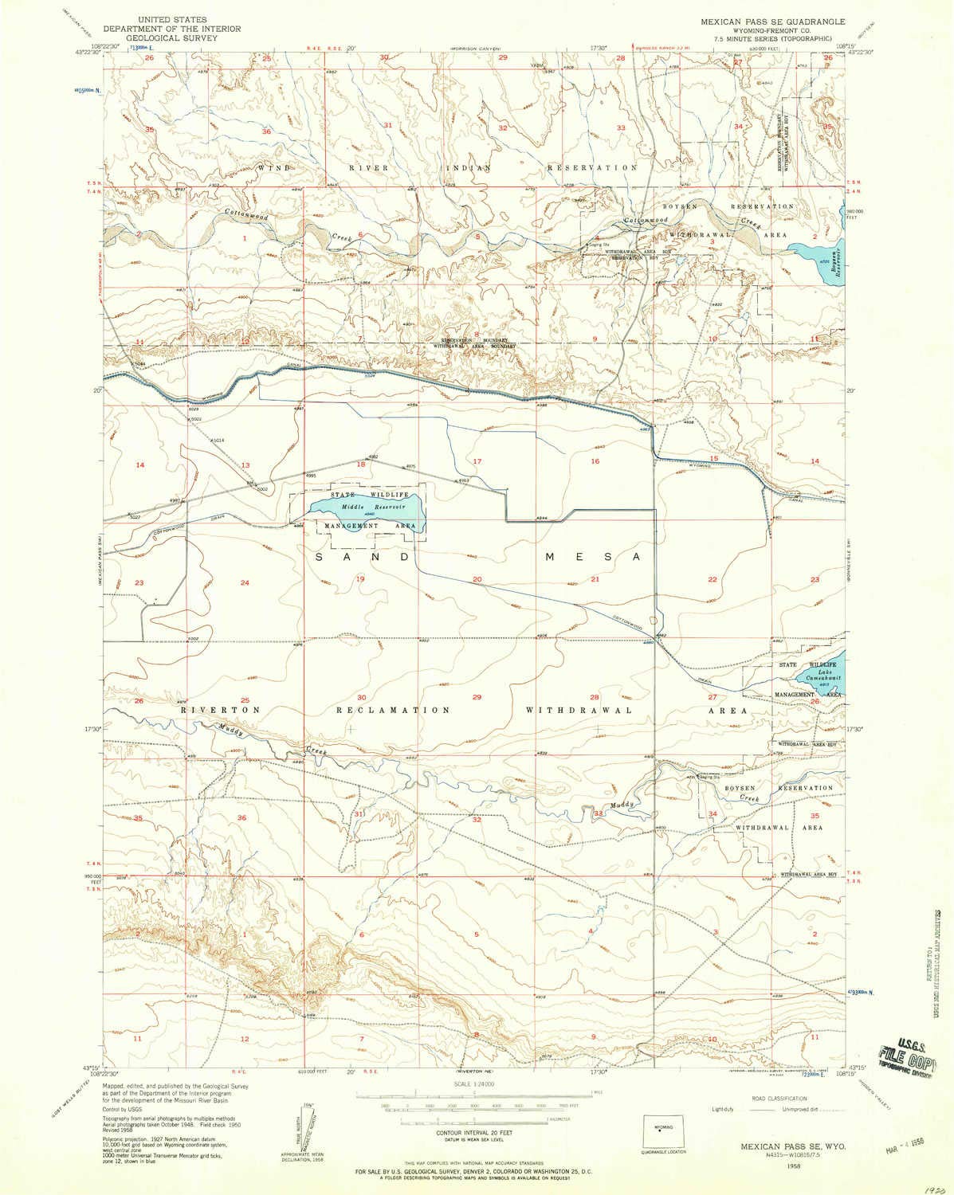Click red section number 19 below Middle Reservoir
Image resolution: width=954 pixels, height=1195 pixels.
[360, 580]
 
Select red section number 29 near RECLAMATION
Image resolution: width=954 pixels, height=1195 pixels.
[477, 697]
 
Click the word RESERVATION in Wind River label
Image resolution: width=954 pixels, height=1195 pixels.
[591, 168]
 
